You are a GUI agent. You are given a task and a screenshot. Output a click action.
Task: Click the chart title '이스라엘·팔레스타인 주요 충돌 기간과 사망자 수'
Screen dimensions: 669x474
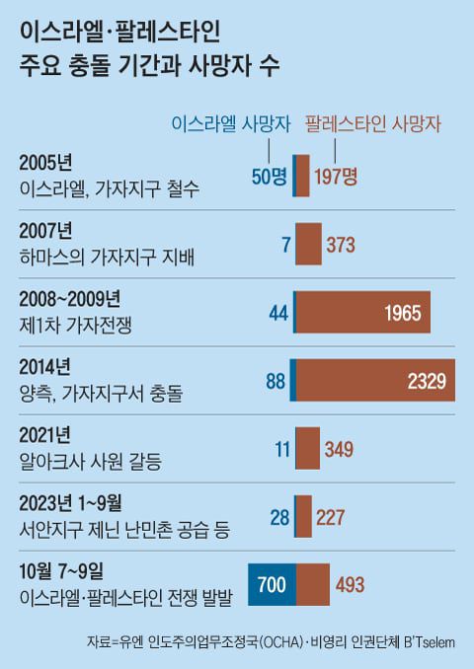pyautogui.click(x=148, y=49)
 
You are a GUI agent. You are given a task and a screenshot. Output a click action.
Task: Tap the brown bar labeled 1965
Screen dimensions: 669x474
pyautogui.click(x=362, y=313)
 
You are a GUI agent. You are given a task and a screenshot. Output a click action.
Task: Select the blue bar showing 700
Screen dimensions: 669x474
pyautogui.click(x=271, y=585)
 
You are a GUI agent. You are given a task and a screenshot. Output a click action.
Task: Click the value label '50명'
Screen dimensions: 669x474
pyautogui.click(x=269, y=177)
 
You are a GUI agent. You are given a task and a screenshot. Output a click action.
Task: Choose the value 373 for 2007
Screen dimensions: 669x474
pyautogui.click(x=340, y=245)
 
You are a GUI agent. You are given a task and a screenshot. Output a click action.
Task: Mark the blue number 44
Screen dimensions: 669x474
pyautogui.click(x=277, y=313)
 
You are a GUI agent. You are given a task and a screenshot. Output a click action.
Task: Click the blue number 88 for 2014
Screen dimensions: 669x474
pyautogui.click(x=276, y=381)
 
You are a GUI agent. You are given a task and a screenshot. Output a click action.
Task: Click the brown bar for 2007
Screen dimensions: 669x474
pyautogui.click(x=308, y=245)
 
